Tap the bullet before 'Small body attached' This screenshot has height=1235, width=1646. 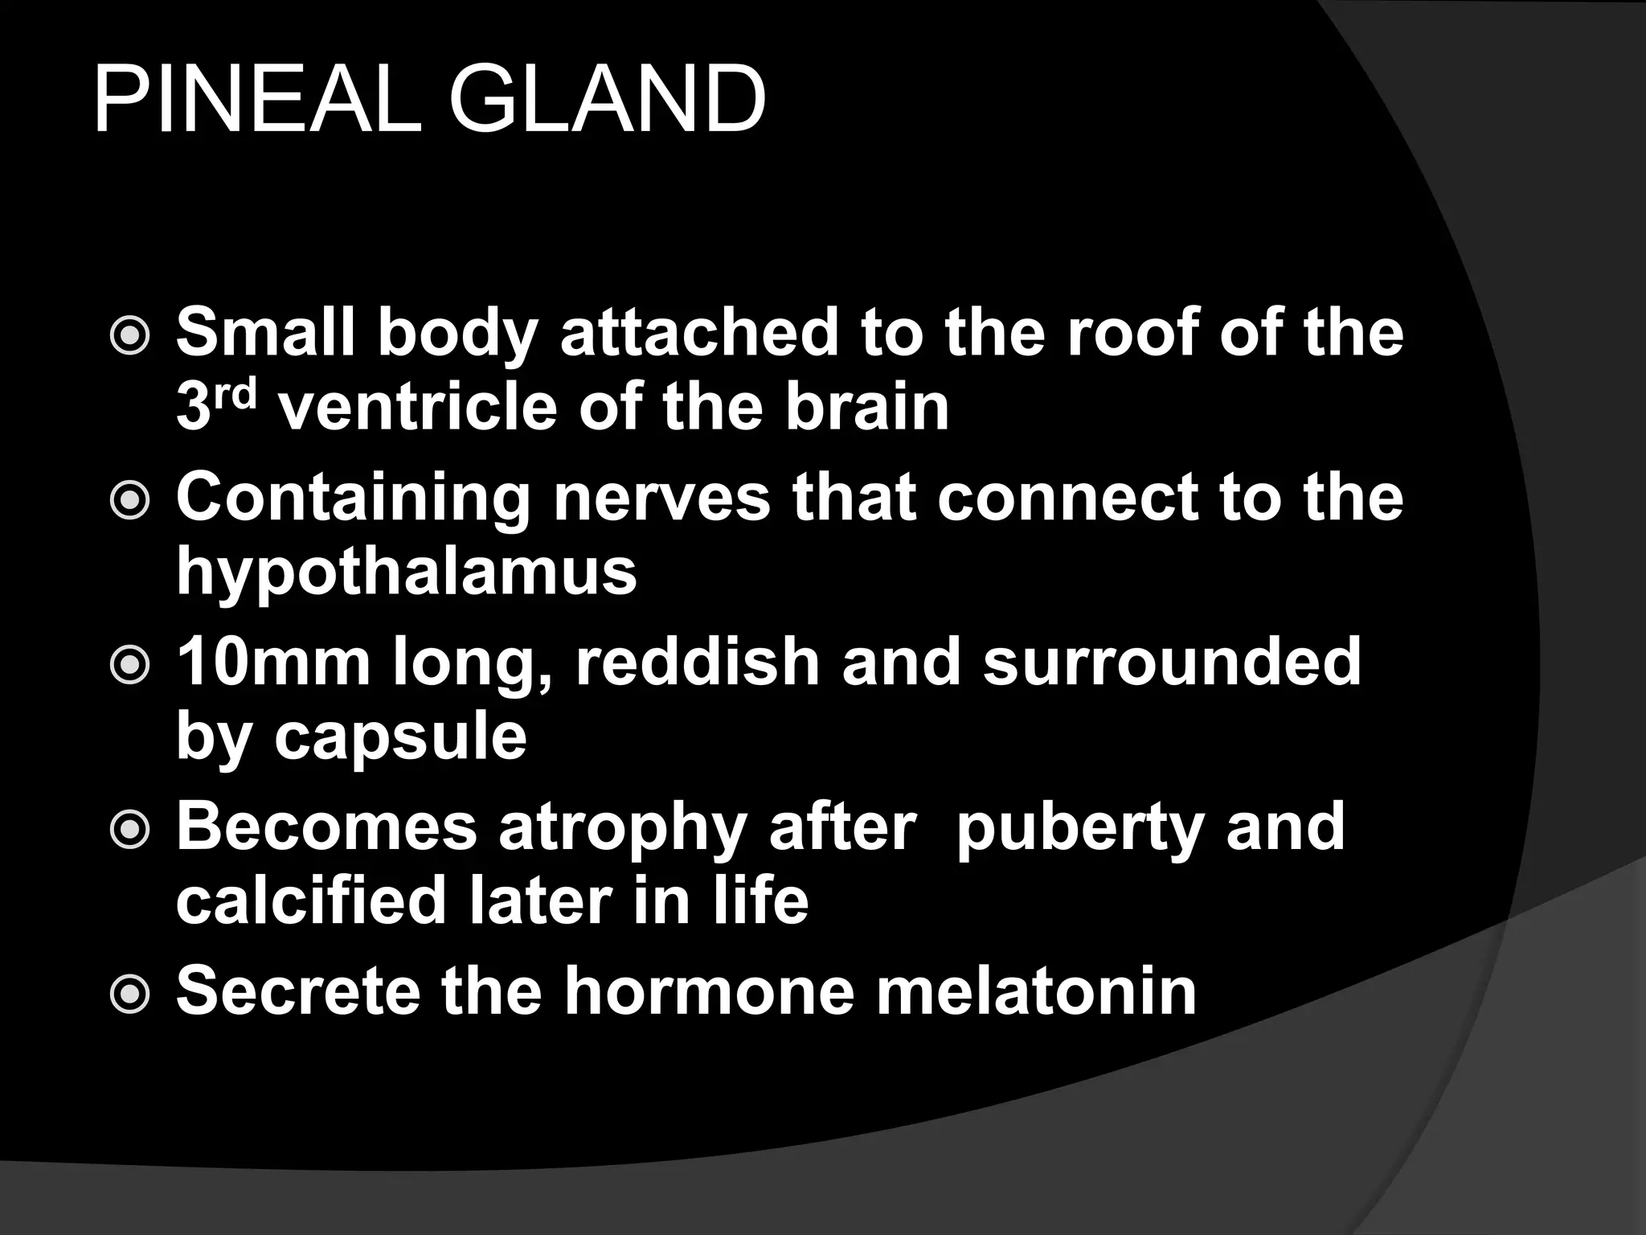129,336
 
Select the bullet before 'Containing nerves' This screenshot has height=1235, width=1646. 129,501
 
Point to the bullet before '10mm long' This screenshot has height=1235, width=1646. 129,665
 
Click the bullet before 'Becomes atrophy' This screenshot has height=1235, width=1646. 129,831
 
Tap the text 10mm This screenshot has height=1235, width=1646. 273,662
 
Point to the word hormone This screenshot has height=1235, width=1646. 708,991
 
